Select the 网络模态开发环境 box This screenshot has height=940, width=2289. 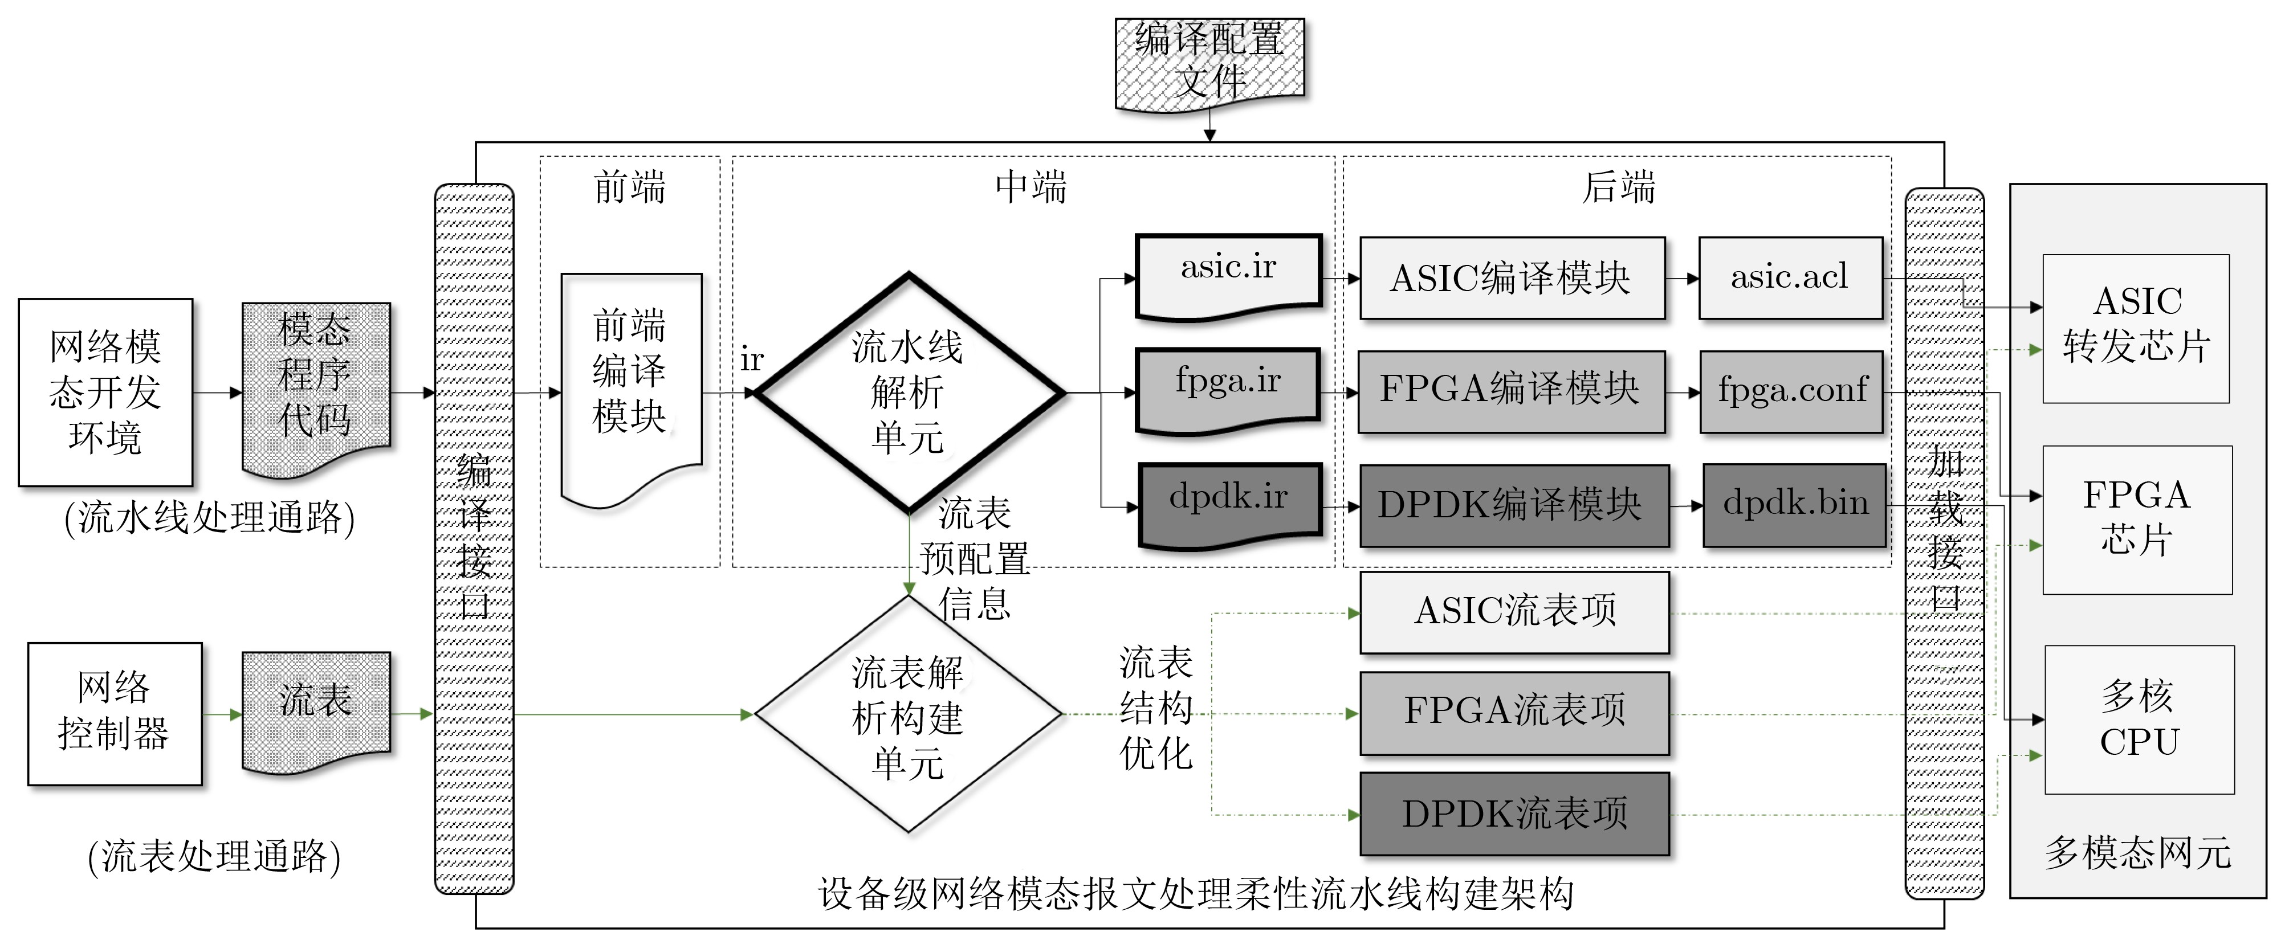[x=106, y=392]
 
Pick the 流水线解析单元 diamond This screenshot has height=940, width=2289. [x=908, y=392]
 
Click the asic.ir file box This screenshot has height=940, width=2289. [x=1229, y=271]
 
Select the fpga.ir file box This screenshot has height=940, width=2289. [x=1229, y=386]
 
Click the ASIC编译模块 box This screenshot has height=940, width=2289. [x=1512, y=278]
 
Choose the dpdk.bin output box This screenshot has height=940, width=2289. [x=1794, y=505]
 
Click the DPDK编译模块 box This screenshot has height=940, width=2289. [x=1513, y=505]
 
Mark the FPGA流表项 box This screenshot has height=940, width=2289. [x=1514, y=713]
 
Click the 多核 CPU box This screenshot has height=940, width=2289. [x=2139, y=720]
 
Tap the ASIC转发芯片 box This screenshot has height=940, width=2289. [x=2135, y=329]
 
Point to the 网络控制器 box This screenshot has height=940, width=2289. [x=115, y=713]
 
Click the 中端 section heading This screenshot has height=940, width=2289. [x=1031, y=187]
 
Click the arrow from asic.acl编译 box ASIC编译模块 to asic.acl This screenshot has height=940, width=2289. [x=1681, y=278]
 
